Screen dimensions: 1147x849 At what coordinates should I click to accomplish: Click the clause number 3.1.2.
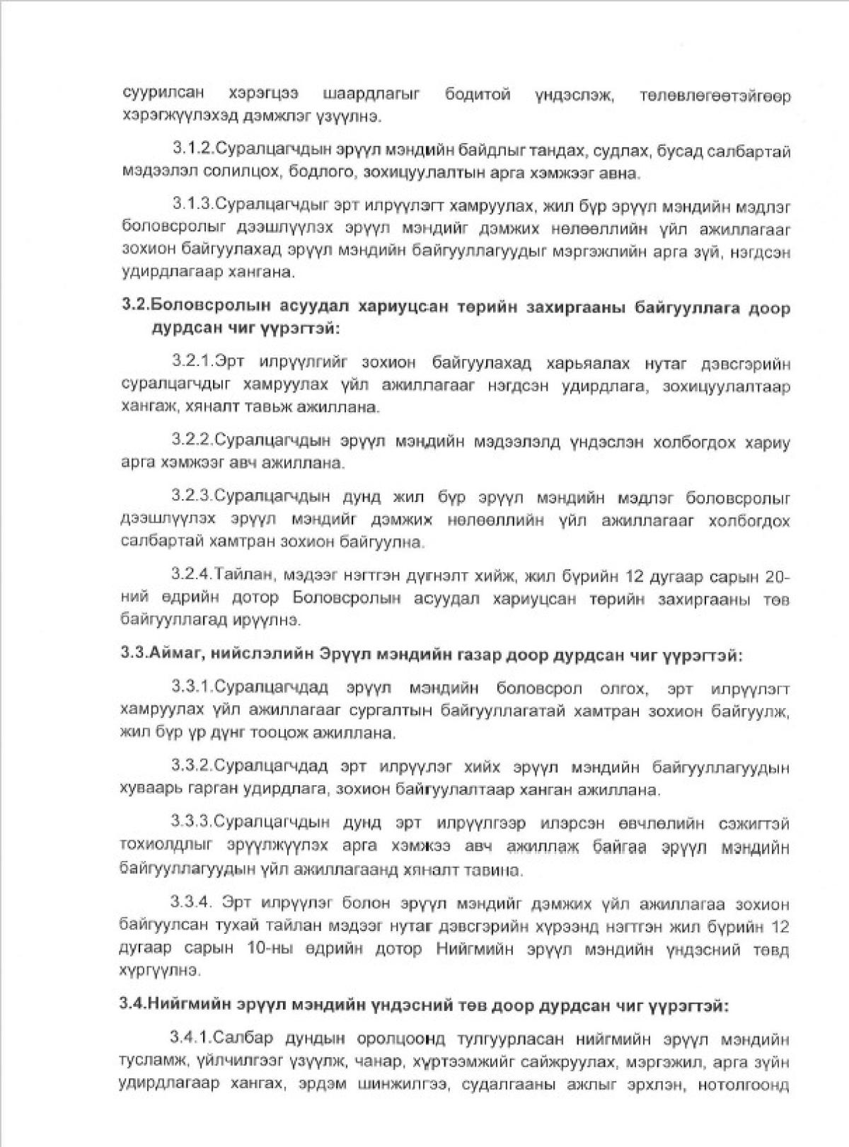click(x=192, y=150)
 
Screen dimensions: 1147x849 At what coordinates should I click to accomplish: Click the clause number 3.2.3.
click(x=192, y=498)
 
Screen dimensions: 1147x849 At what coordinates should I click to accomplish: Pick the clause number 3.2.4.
click(x=192, y=576)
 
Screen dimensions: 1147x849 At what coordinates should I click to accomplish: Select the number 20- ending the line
click(x=775, y=576)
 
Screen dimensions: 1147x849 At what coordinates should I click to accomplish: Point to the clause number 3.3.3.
click(x=192, y=823)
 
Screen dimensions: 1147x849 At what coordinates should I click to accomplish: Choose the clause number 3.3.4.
click(x=192, y=904)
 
